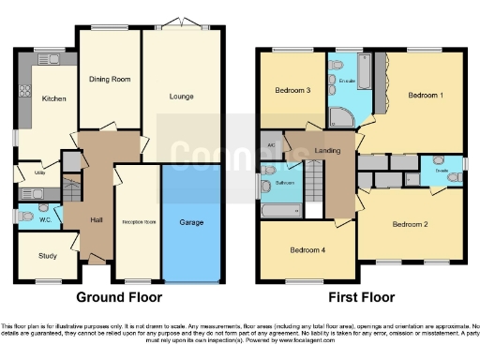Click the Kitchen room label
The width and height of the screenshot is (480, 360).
point(53,97)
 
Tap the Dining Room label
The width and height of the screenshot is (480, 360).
point(109,80)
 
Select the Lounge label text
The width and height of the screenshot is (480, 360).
point(181,96)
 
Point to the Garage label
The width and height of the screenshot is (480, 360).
point(191,222)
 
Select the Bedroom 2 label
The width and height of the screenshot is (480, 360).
point(410,224)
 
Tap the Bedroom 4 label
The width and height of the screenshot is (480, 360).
point(307,250)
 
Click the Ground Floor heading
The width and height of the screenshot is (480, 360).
point(118,297)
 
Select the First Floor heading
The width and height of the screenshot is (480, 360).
point(360,297)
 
